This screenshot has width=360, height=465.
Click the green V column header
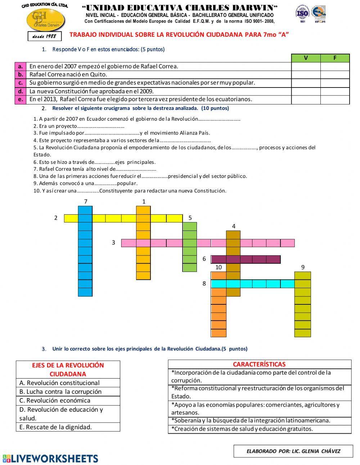(306, 58)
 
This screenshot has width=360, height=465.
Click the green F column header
(335, 58)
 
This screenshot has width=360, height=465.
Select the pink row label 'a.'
(21, 66)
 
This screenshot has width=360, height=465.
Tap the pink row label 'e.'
(21, 99)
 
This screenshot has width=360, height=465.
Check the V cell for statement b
(306, 75)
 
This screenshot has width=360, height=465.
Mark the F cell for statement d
(335, 91)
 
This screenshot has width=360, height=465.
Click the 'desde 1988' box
(45, 36)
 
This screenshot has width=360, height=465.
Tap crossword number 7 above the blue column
(86, 202)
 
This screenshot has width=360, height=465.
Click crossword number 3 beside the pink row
(113, 243)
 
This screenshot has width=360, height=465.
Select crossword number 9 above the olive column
(303, 267)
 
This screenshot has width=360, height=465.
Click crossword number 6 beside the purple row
(204, 259)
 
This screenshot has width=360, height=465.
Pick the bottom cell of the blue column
(85, 292)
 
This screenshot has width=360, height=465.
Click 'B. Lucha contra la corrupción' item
(68, 392)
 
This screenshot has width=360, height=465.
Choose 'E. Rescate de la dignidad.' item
(68, 427)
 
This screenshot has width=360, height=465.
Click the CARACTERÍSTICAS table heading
(259, 364)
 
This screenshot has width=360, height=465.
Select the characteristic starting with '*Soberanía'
(259, 420)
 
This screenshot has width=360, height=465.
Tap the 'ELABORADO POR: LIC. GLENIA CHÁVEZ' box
(293, 451)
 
